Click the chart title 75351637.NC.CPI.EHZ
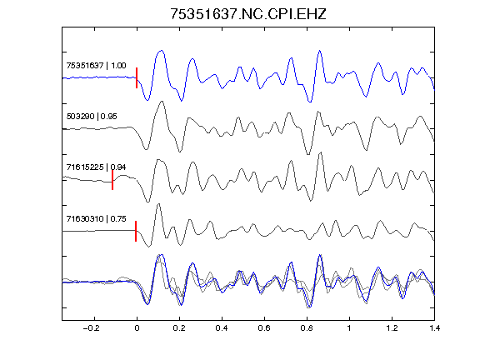coord(248,14)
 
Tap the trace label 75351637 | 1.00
coord(96,66)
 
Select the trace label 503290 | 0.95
coord(92,117)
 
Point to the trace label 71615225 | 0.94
coord(96,167)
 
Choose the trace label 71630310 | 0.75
coord(96,218)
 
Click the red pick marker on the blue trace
coord(137,77)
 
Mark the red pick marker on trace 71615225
coord(112,180)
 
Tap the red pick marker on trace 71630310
coord(136,231)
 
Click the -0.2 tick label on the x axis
coord(92,328)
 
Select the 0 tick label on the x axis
coord(137,328)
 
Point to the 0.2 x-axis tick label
coord(179,328)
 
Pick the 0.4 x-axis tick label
coord(222,328)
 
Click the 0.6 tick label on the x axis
coord(264,328)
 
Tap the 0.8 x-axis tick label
coord(307,328)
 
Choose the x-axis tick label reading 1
coord(349,328)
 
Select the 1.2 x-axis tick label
coord(392,328)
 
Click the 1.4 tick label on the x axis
coord(434,328)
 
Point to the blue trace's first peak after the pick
coord(161,51)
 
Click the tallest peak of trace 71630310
coord(158,204)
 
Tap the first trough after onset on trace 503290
coord(147,149)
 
